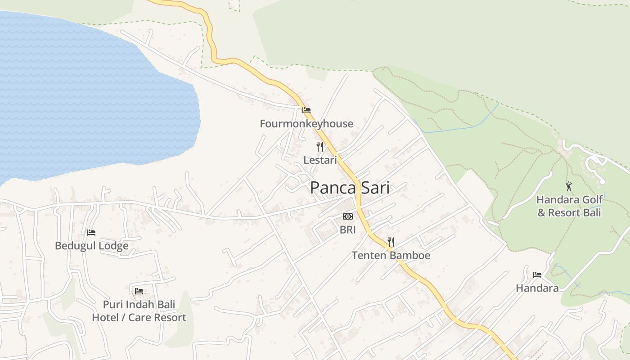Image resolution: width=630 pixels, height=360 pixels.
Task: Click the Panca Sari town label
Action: (350, 188)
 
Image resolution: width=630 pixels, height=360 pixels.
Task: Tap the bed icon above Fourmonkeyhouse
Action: (306, 110)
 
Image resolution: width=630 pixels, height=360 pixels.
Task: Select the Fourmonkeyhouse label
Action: (306, 124)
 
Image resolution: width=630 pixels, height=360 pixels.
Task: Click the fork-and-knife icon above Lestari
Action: (319, 147)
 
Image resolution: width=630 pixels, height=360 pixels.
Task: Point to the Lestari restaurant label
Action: (319, 160)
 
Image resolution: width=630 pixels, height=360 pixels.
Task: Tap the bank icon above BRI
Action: (347, 216)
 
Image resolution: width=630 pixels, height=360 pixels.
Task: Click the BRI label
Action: (347, 230)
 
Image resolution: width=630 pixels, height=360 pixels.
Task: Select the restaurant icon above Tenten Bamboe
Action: (391, 242)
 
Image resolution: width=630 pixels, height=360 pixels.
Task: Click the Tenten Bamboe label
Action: (391, 256)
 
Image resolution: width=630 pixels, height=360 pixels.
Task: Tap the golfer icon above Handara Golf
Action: (569, 186)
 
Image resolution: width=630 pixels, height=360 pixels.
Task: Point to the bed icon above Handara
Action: (537, 274)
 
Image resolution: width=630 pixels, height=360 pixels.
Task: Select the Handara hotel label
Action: (537, 288)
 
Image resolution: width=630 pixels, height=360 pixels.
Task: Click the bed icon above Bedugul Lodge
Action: (91, 233)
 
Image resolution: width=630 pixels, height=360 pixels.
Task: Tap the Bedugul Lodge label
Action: (91, 246)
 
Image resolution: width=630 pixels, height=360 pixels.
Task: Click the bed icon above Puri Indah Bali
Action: (139, 291)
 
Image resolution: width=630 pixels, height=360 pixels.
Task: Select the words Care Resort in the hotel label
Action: (157, 318)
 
